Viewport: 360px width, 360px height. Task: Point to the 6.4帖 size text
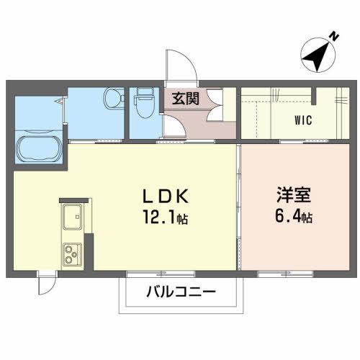pyautogui.click(x=292, y=215)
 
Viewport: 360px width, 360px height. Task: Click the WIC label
pyautogui.click(x=302, y=120)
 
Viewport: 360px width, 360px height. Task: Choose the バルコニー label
pyautogui.click(x=180, y=293)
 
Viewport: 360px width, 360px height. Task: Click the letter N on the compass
pyautogui.click(x=333, y=35)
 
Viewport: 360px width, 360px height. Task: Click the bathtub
pyautogui.click(x=40, y=150)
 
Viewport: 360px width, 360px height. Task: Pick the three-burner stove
pyautogui.click(x=72, y=254)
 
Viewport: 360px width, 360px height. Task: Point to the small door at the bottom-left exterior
pyautogui.click(x=45, y=282)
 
